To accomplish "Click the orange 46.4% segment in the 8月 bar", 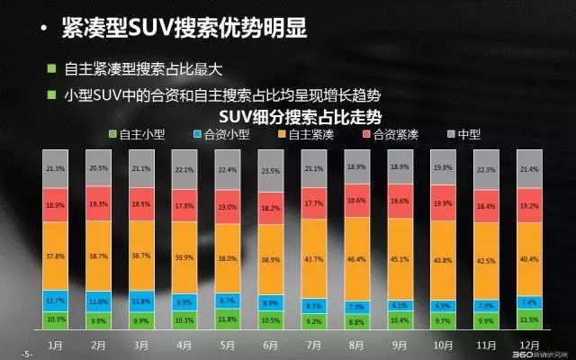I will [x=356, y=257].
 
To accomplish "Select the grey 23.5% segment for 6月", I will [x=269, y=172].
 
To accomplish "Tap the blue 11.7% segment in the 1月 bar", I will [x=56, y=299].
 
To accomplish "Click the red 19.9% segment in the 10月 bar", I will [x=443, y=203].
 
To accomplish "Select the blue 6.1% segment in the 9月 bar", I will [x=400, y=305].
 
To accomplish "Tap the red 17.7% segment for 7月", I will [x=313, y=203].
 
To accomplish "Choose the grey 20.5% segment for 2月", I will [x=99, y=168].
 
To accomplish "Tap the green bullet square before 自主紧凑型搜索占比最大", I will [x=54, y=68].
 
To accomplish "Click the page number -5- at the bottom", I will [x=26, y=353].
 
